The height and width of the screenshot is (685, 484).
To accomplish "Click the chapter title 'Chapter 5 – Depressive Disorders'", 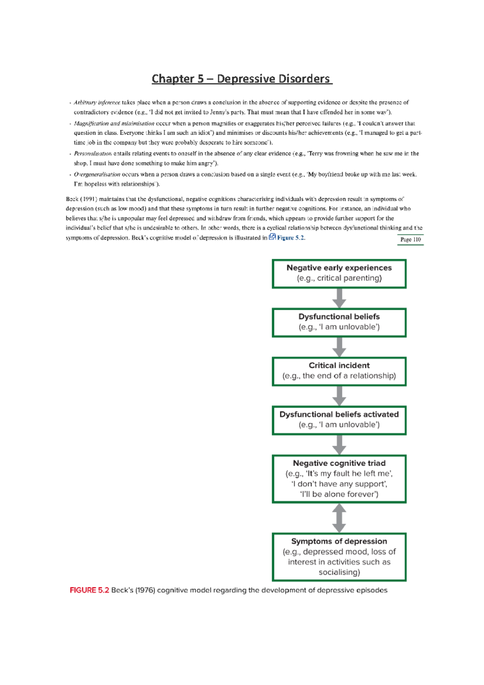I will point(242,79).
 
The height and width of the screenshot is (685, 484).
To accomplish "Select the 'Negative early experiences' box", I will point(339,274).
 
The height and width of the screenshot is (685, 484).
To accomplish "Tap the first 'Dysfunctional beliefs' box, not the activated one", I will point(339,322).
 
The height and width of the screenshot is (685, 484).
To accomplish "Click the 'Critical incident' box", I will point(339,371).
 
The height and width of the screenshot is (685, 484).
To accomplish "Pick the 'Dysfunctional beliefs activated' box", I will point(339,420).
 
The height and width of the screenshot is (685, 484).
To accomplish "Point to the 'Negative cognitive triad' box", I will point(339,479).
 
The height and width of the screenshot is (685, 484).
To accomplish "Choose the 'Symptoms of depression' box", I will point(339,557).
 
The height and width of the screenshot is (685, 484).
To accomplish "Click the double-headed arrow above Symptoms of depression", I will point(339,518).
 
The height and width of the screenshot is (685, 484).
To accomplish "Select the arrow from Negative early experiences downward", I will point(339,298).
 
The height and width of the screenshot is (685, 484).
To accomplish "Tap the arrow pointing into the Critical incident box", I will point(339,347).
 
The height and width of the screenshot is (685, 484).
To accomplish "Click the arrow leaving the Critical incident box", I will point(339,396).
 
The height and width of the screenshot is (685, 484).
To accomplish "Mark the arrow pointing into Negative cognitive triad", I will point(339,445).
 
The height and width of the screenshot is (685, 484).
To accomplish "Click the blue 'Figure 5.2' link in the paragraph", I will point(290,238).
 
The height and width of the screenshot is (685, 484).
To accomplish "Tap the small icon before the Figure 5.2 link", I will point(272,237).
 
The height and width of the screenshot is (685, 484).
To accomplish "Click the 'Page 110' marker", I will point(410,240).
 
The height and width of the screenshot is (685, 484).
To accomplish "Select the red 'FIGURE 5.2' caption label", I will point(89,590).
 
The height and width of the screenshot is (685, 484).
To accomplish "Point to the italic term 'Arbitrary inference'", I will point(97,102).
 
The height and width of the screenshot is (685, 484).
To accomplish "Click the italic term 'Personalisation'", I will point(93,154).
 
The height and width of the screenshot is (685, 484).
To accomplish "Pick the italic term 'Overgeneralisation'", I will point(97,175).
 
